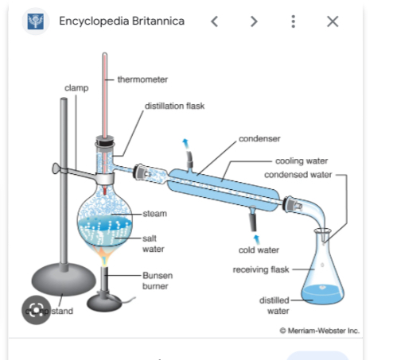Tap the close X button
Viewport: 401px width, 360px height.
coord(333,21)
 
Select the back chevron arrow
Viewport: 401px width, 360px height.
coord(214,21)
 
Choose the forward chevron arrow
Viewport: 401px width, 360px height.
coord(254,21)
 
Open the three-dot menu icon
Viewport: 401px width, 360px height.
coord(294,21)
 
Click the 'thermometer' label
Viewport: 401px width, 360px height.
coord(142,79)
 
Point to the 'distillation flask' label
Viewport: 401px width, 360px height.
coord(174,105)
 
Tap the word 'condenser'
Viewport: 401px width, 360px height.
coord(259,138)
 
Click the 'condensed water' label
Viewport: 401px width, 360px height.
coord(298,175)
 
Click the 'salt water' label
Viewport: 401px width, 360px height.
coord(154,243)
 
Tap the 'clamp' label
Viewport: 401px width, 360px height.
coord(76,87)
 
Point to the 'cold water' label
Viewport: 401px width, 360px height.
coord(259,250)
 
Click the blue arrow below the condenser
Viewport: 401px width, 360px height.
coord(255,237)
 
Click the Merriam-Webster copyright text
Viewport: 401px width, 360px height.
coord(319,330)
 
